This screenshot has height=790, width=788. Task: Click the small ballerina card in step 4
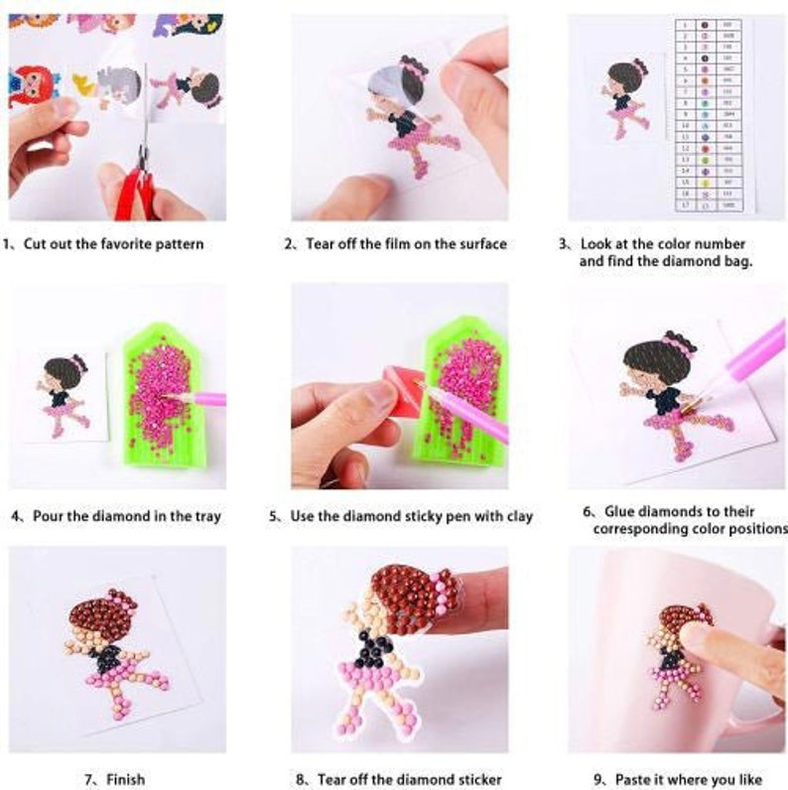[x=64, y=397]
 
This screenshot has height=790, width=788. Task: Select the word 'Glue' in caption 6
[x=627, y=511]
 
